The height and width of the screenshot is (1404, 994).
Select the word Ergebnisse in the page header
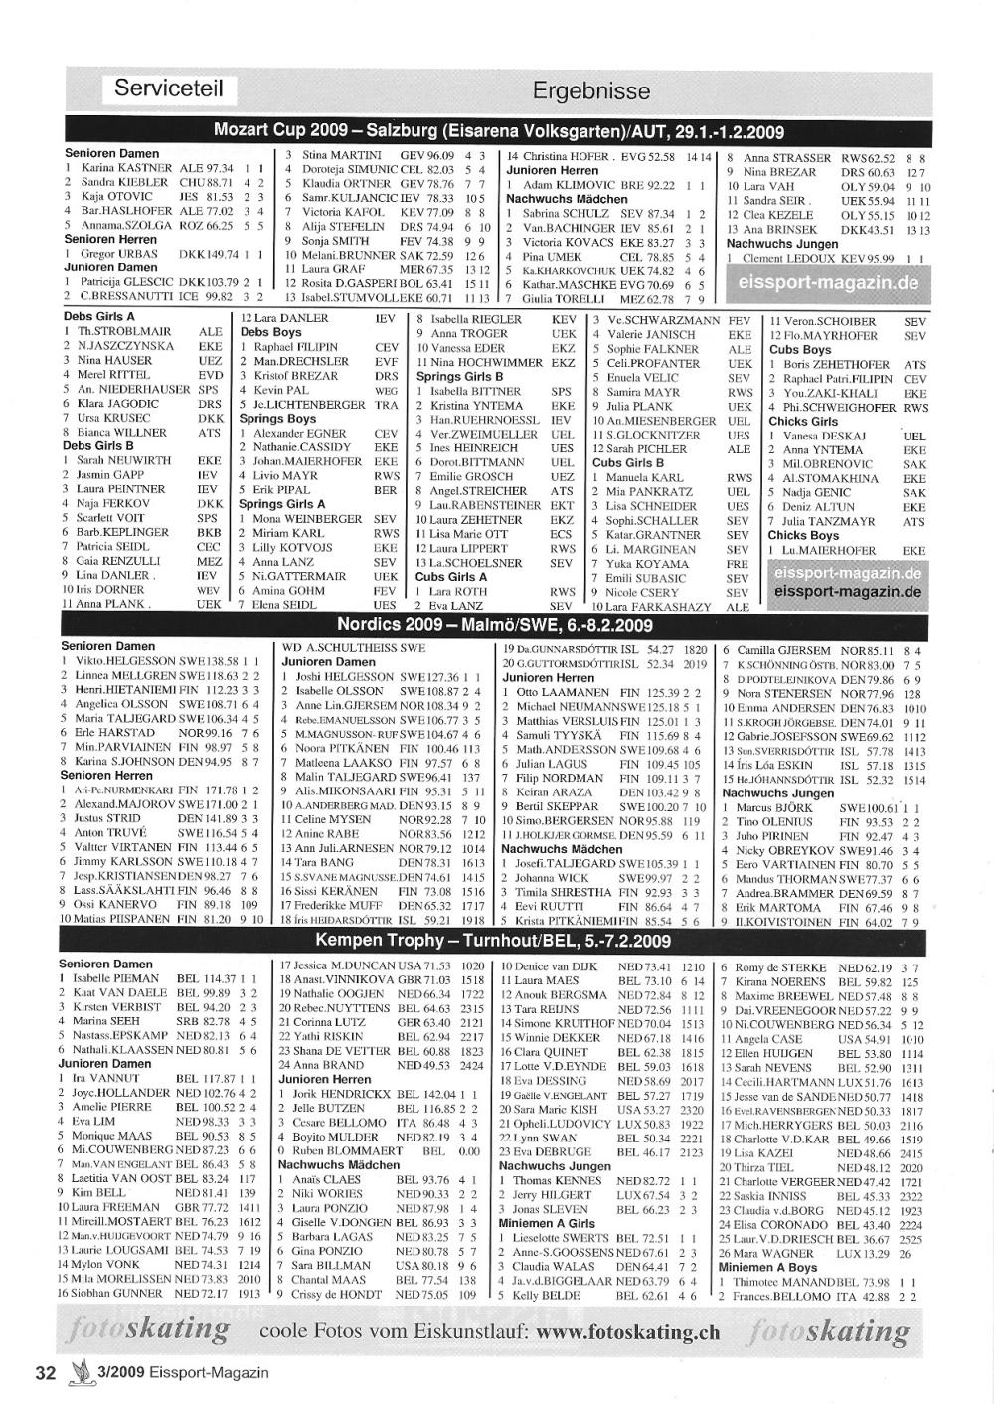pyautogui.click(x=590, y=91)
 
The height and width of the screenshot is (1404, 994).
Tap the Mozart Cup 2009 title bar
pyautogui.click(x=499, y=131)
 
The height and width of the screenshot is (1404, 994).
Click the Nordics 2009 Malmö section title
pyautogui.click(x=494, y=624)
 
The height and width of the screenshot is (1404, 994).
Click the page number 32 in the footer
pyautogui.click(x=45, y=1373)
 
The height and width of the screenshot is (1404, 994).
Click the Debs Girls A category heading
pyautogui.click(x=98, y=317)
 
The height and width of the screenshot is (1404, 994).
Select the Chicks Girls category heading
pyautogui.click(x=803, y=421)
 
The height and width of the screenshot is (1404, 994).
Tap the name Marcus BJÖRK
pyautogui.click(x=774, y=808)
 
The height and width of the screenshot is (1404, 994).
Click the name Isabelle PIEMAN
pyautogui.click(x=115, y=978)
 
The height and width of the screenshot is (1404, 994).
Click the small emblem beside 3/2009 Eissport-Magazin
pyautogui.click(x=77, y=1373)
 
